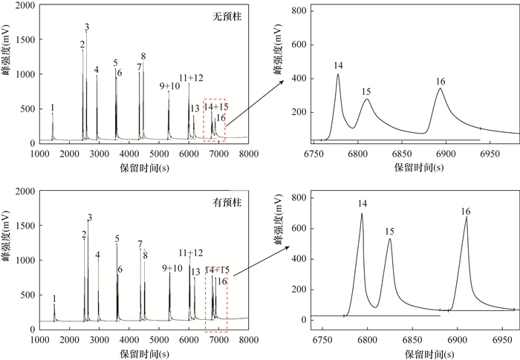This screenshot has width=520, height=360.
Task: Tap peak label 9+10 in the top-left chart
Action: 170,87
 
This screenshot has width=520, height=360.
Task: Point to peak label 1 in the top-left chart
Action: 52,108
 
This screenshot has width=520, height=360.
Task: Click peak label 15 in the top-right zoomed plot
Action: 366,91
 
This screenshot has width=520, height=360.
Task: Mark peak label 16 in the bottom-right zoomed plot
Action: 466,212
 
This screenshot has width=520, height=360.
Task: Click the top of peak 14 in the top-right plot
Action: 338,74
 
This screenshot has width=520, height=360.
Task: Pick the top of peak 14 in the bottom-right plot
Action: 362,214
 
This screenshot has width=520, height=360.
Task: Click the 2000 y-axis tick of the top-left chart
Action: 25,6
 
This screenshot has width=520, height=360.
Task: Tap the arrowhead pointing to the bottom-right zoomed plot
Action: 290,249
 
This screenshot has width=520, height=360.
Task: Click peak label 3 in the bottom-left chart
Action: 89,217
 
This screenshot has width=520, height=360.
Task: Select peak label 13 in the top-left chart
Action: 195,108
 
